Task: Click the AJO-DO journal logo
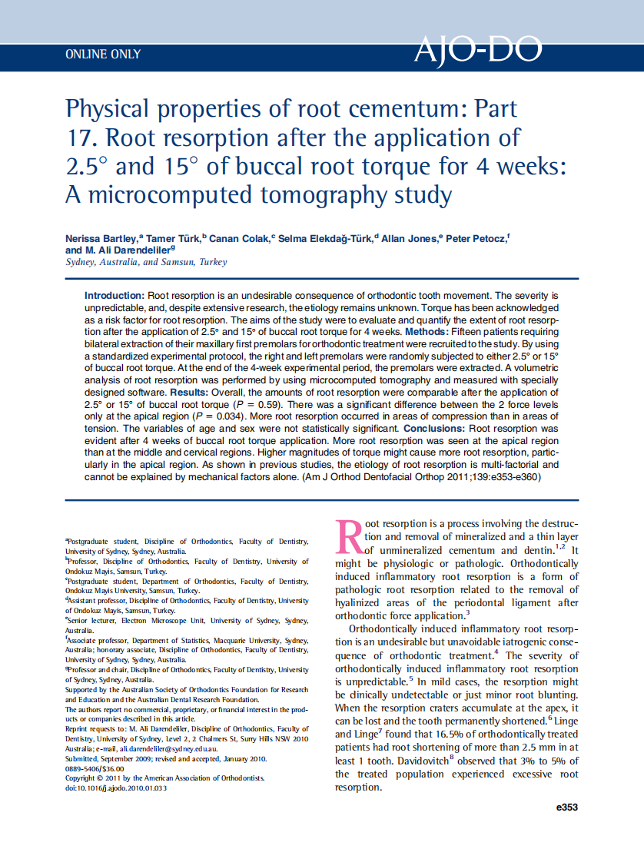click(x=477, y=51)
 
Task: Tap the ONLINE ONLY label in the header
click(x=103, y=55)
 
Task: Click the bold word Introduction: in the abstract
click(x=114, y=295)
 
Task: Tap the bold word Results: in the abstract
click(x=193, y=392)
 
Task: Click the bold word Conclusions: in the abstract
click(x=435, y=428)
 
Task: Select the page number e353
click(x=566, y=807)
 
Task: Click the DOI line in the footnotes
click(x=115, y=787)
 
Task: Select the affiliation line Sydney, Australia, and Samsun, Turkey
click(x=146, y=262)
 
